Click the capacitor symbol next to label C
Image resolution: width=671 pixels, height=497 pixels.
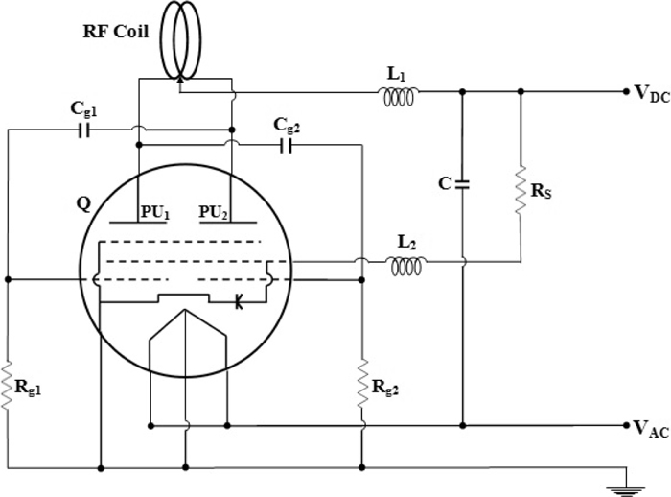pos(462,182)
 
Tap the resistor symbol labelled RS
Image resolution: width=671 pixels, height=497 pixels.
pos(521,188)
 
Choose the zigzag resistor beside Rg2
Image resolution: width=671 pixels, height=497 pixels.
pos(362,382)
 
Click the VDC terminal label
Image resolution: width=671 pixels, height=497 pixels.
pos(651,94)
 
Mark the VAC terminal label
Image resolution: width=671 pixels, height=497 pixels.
pos(650,429)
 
